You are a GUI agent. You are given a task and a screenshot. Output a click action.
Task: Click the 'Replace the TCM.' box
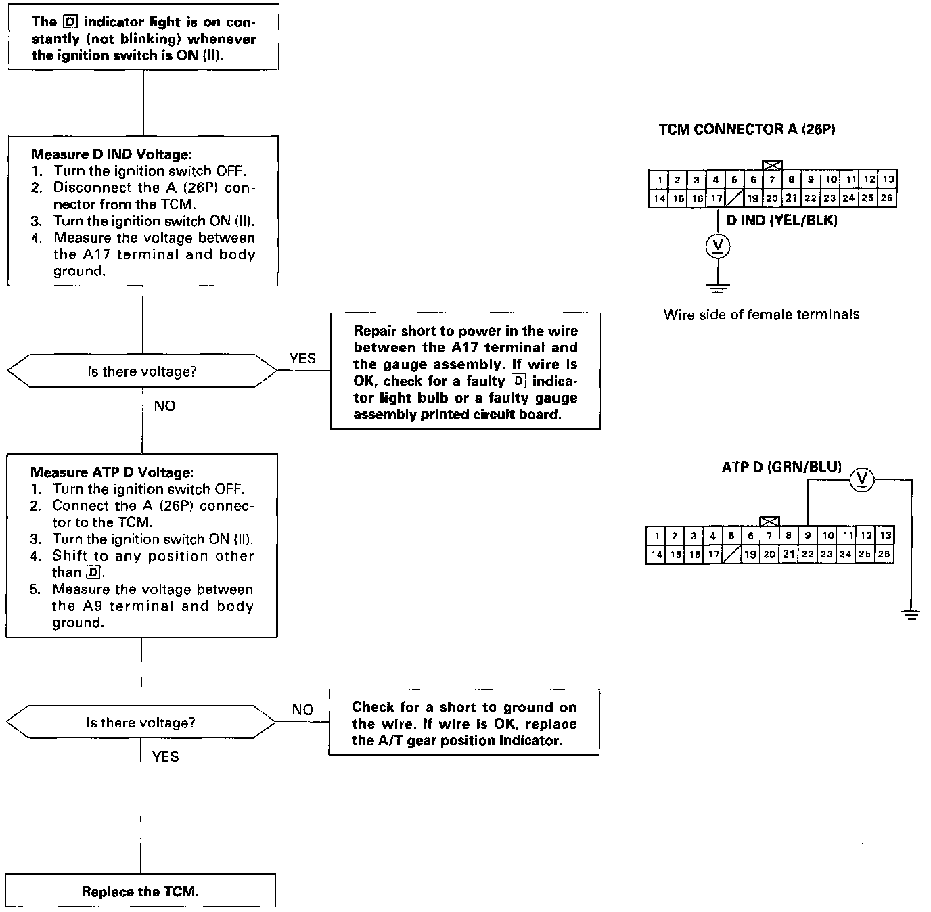[140, 891]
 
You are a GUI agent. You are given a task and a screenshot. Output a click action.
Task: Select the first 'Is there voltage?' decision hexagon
[142, 371]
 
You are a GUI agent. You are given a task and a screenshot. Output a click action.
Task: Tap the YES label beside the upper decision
[302, 359]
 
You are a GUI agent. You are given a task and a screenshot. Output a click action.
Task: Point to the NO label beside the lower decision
[302, 710]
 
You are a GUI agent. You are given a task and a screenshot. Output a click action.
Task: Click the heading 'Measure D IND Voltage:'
[116, 154]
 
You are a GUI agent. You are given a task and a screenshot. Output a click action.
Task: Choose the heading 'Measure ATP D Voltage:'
[112, 472]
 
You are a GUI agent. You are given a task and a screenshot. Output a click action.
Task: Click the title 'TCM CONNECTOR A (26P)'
[747, 129]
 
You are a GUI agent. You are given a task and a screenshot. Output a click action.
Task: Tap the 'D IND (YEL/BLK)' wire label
[781, 221]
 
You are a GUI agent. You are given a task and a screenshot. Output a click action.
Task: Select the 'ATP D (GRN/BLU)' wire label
[781, 467]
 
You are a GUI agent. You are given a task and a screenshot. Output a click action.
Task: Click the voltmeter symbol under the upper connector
[717, 246]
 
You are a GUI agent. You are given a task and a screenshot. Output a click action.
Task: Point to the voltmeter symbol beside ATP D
[862, 480]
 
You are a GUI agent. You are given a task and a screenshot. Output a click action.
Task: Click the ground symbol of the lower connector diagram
[911, 615]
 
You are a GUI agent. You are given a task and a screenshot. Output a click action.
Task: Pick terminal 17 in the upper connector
[716, 198]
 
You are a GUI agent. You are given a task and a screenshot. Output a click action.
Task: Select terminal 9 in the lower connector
[808, 535]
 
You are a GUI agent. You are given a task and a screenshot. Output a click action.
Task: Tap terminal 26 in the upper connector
[887, 198]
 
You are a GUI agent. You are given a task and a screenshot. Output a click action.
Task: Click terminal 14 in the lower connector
[656, 555]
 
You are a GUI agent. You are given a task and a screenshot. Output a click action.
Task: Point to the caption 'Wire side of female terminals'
[761, 314]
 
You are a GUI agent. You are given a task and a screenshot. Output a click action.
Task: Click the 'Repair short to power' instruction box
[465, 371]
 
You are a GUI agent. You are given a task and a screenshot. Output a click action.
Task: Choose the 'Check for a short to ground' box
[464, 723]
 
